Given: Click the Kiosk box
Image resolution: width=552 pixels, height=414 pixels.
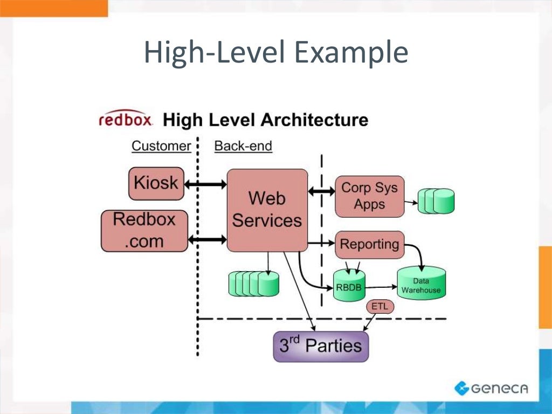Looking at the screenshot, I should [x=156, y=183].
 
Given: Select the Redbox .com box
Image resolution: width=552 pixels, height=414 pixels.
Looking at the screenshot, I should [x=144, y=231].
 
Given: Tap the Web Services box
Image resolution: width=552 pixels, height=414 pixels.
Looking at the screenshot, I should [x=267, y=210].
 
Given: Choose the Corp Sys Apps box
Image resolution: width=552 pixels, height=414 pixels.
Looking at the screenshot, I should [x=369, y=196].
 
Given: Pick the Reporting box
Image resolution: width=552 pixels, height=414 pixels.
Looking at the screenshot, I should [x=369, y=244].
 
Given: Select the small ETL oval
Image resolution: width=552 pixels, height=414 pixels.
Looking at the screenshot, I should [x=380, y=307].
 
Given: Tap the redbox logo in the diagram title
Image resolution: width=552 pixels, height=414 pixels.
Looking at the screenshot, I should [x=126, y=120].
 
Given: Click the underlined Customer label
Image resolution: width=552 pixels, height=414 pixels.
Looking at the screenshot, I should [x=161, y=146].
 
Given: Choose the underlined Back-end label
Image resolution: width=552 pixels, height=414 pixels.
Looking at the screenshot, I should [x=243, y=146].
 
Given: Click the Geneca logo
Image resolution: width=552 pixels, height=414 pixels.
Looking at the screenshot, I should [x=491, y=388].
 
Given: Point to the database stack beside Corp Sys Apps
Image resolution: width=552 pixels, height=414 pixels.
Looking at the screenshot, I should [x=436, y=201].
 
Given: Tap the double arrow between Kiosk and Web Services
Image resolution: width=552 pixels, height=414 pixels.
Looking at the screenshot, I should [x=205, y=184].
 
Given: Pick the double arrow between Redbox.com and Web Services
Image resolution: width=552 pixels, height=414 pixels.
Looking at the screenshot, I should [x=207, y=239].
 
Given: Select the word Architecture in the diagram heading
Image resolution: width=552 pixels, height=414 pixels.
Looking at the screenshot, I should [x=314, y=120].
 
